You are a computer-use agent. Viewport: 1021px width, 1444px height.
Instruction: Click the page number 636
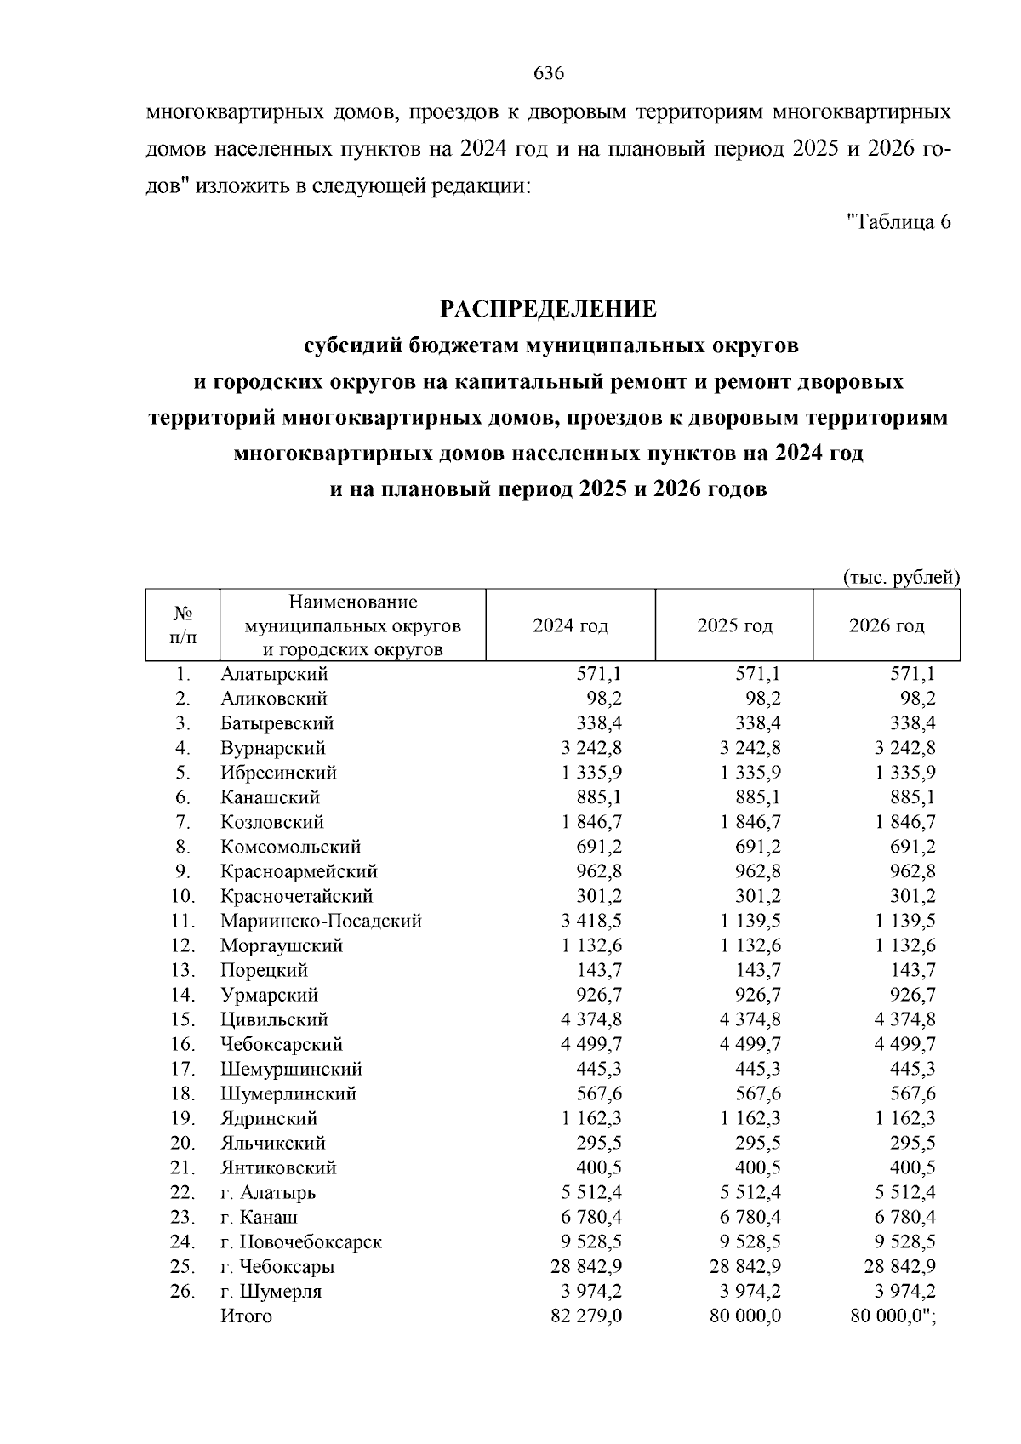click(549, 73)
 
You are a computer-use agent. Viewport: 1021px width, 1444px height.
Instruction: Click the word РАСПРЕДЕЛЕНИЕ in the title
click(548, 309)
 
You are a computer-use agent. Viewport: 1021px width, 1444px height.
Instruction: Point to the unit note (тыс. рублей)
click(901, 578)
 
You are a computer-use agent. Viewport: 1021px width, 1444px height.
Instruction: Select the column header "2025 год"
click(734, 626)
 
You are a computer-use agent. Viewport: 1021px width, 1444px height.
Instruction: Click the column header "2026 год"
click(886, 626)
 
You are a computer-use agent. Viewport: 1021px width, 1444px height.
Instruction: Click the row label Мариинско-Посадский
click(321, 921)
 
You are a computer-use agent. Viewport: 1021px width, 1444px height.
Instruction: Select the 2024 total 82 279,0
click(586, 1316)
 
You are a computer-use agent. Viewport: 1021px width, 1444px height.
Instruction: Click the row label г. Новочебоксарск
click(301, 1241)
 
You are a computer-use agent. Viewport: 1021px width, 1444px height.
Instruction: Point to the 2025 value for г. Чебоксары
click(745, 1266)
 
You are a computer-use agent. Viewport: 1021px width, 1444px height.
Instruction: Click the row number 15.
click(183, 1019)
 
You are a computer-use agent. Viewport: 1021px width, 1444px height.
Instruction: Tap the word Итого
click(247, 1316)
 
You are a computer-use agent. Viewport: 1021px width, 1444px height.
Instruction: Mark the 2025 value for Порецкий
click(758, 970)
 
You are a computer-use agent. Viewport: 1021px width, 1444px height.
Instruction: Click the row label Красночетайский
click(296, 896)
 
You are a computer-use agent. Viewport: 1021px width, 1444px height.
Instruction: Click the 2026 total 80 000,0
click(885, 1316)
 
